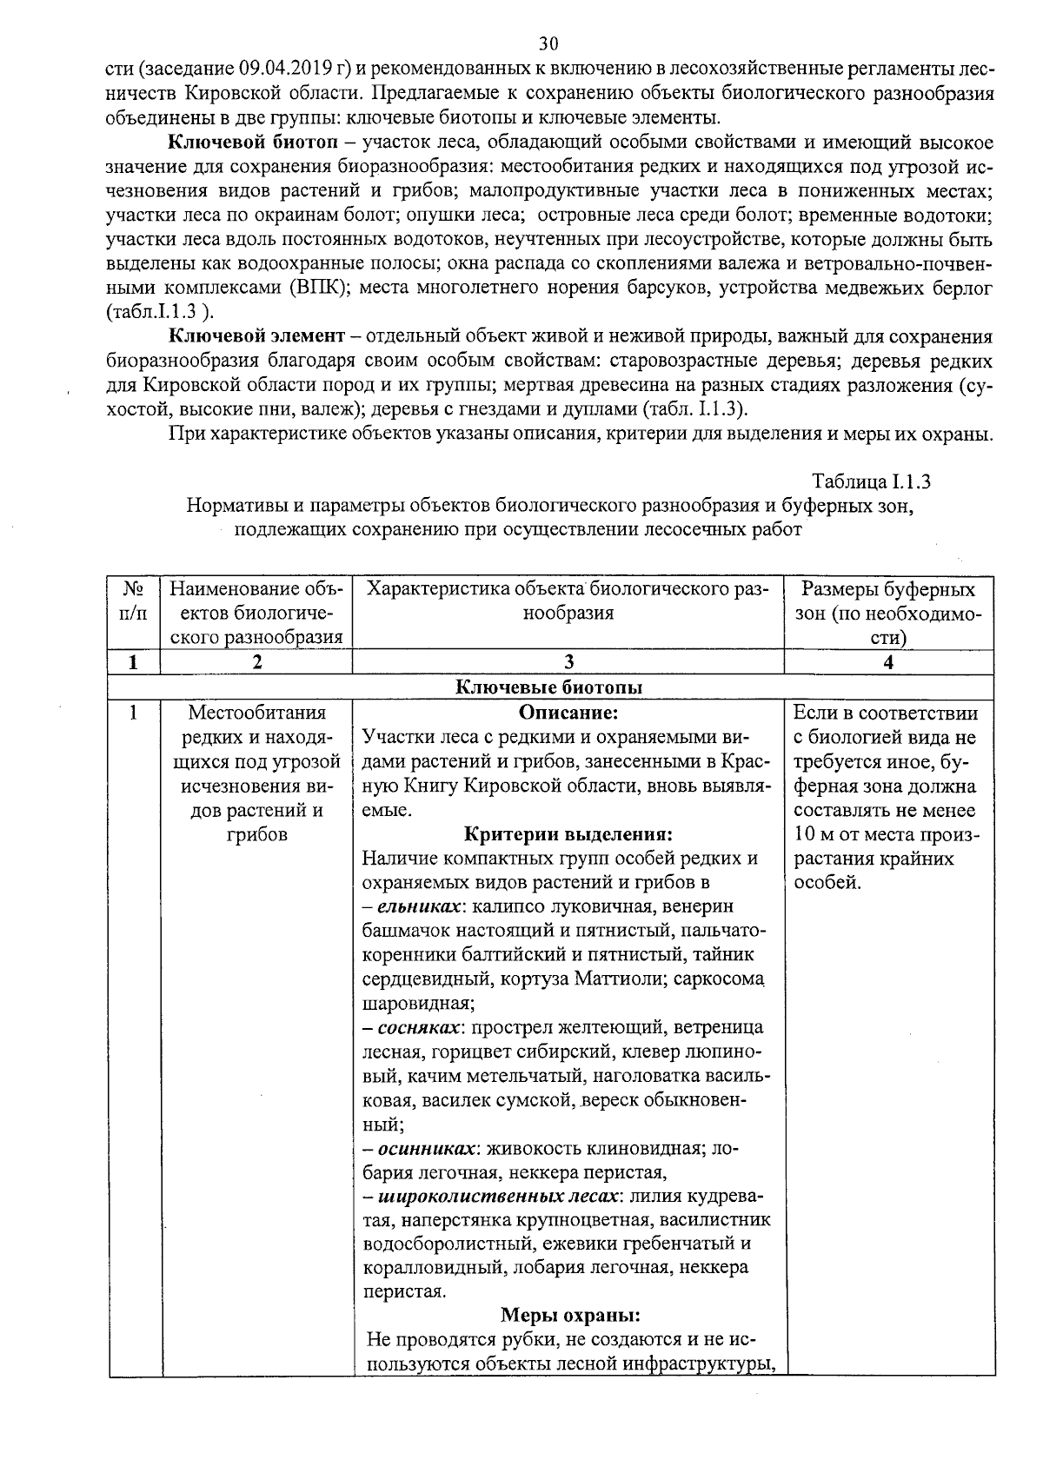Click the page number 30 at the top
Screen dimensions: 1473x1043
[548, 43]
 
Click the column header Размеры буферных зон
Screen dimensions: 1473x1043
[887, 614]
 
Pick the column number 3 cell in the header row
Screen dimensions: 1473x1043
[568, 662]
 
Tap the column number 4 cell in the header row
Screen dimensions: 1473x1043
[887, 662]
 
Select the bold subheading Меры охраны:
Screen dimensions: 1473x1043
[570, 1315]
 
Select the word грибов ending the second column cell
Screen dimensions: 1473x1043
[257, 835]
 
